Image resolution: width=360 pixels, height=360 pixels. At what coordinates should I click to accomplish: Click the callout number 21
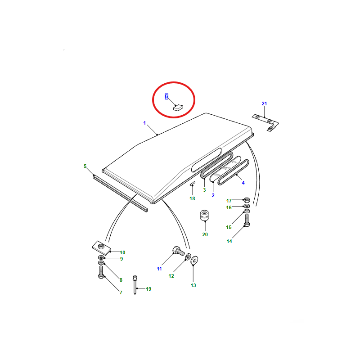(x=264, y=103)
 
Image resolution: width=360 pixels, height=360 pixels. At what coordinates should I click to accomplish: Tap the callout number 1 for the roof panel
(x=144, y=123)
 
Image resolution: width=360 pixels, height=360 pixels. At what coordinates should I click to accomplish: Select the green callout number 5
(x=85, y=166)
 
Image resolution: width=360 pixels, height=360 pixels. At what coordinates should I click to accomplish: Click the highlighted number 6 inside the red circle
(x=166, y=96)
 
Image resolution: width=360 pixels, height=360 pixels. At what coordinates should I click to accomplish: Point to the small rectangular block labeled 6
(x=178, y=108)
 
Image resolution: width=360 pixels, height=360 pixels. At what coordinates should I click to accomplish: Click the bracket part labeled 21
(x=266, y=123)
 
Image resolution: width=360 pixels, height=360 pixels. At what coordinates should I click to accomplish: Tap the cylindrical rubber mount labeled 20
(x=204, y=216)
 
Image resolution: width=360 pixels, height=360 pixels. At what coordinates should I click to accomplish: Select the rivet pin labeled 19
(x=135, y=285)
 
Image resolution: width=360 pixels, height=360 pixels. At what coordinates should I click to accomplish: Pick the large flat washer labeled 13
(x=194, y=260)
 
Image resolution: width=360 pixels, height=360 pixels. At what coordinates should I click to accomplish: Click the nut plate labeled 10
(x=102, y=248)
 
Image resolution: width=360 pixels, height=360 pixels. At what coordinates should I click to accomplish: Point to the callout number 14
(x=229, y=241)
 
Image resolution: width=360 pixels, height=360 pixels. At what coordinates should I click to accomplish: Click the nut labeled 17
(x=247, y=200)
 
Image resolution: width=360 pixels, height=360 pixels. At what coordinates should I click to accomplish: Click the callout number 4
(x=243, y=183)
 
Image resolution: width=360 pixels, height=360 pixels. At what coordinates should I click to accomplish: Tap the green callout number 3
(x=204, y=190)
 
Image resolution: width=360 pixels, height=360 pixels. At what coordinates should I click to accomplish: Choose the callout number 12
(x=171, y=276)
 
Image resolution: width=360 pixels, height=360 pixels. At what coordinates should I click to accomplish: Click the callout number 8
(x=121, y=280)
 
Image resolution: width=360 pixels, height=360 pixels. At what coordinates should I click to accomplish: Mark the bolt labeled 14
(x=247, y=220)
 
